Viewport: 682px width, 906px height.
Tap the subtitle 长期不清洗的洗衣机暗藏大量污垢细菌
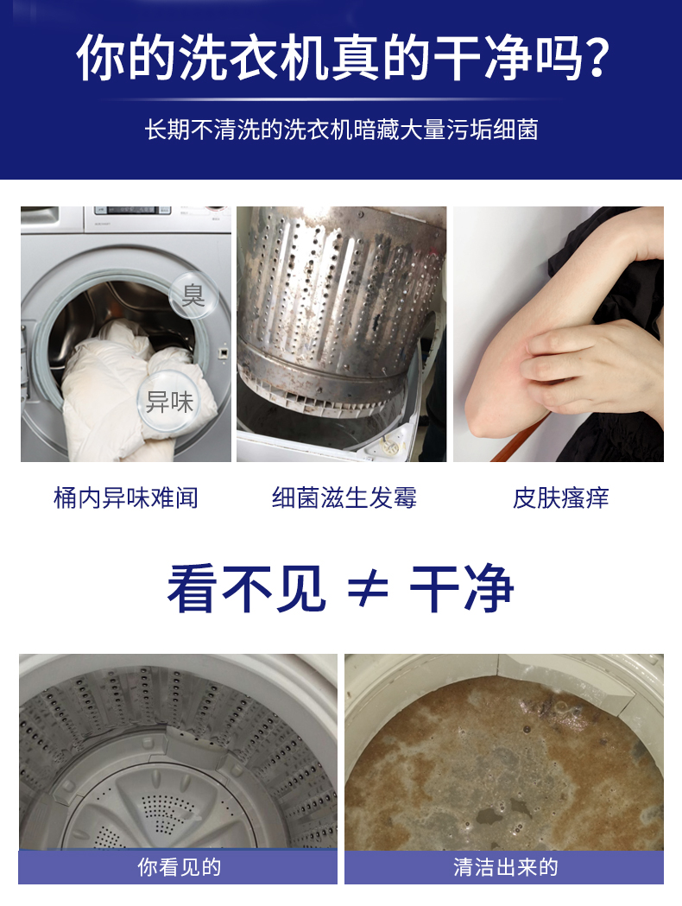point(341,130)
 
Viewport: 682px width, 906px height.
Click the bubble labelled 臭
point(193,295)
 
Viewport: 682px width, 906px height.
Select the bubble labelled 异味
point(169,402)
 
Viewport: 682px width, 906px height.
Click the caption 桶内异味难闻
point(126,498)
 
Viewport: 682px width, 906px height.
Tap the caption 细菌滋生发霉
point(344,498)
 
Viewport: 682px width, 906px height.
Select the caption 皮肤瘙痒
point(561,498)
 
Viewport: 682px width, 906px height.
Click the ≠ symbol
point(368,589)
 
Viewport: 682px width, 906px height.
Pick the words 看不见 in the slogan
point(247,589)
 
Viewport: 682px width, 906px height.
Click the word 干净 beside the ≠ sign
point(461,589)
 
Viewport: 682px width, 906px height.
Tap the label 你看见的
point(179,867)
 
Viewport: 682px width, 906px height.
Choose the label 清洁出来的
point(505,867)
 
